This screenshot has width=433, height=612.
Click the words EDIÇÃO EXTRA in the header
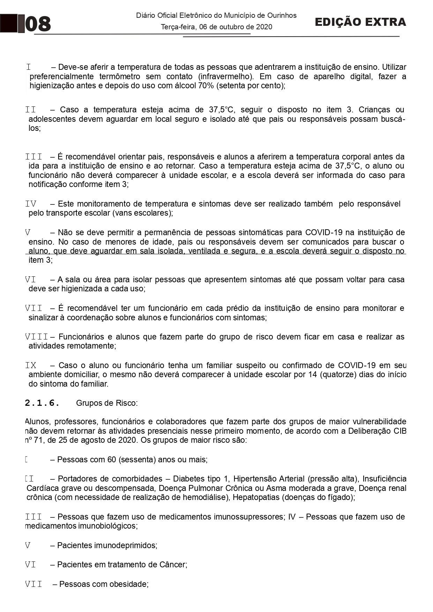(360, 22)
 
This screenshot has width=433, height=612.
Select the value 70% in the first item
(206, 85)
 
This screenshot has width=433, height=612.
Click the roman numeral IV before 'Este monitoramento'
(31, 204)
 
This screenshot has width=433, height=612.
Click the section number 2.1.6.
(42, 403)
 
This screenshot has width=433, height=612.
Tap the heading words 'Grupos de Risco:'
(107, 403)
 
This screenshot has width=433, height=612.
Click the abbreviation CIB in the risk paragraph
(400, 431)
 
